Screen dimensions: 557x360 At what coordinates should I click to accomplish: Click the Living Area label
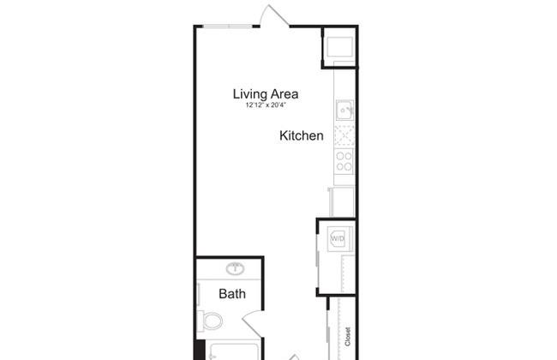pyautogui.click(x=266, y=93)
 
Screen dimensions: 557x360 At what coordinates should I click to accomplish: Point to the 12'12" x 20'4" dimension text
pyautogui.click(x=266, y=105)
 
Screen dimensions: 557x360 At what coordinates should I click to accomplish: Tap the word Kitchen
pyautogui.click(x=302, y=135)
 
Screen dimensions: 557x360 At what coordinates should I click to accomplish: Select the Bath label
pyautogui.click(x=232, y=293)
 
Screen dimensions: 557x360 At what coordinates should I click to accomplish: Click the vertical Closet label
pyautogui.click(x=347, y=337)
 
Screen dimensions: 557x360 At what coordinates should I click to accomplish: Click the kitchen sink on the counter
pyautogui.click(x=344, y=111)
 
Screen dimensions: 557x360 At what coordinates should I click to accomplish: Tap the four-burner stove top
pyautogui.click(x=344, y=161)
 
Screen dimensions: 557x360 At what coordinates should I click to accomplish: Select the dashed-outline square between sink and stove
pyautogui.click(x=344, y=135)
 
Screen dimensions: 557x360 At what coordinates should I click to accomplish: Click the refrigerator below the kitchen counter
pyautogui.click(x=342, y=201)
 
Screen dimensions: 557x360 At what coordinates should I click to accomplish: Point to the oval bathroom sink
pyautogui.click(x=235, y=268)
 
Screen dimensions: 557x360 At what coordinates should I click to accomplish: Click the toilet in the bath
pyautogui.click(x=210, y=321)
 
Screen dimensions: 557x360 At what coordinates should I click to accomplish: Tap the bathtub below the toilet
pyautogui.click(x=233, y=351)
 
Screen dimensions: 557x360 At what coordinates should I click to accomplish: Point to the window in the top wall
pyautogui.click(x=226, y=26)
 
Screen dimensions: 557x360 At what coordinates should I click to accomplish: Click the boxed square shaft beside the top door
pyautogui.click(x=339, y=47)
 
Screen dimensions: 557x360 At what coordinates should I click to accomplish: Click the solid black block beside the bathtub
pyautogui.click(x=200, y=350)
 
